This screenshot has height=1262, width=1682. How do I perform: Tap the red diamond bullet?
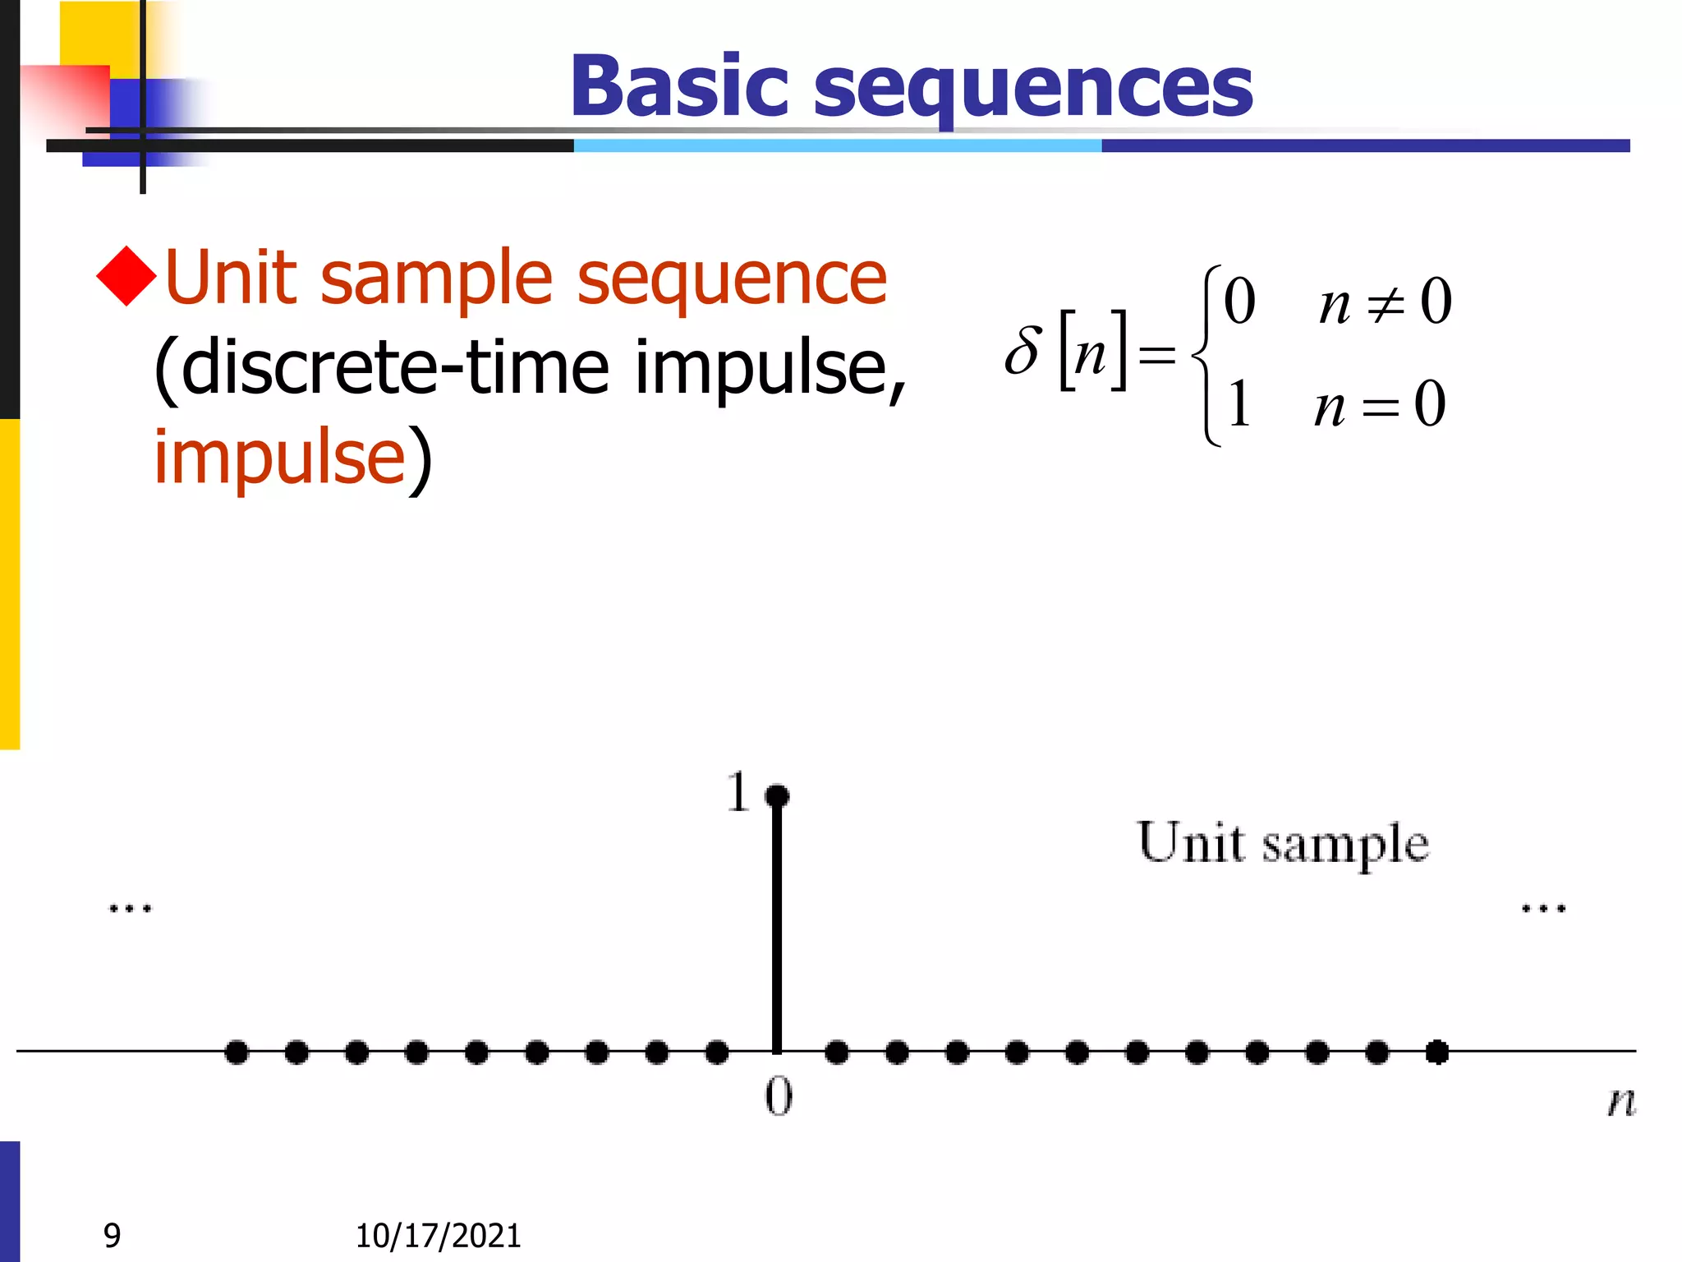126,276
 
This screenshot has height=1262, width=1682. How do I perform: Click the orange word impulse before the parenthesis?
279,457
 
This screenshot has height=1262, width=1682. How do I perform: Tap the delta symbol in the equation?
1023,351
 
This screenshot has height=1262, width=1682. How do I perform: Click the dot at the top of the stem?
777,795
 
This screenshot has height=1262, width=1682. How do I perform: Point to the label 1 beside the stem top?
738,792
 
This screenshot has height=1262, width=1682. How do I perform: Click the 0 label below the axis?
779,1097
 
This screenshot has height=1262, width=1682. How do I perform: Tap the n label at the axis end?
1621,1101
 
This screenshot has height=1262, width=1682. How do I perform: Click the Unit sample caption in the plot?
1283,843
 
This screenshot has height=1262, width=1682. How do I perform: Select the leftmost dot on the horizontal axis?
237,1052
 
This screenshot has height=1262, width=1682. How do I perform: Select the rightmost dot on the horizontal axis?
1437,1052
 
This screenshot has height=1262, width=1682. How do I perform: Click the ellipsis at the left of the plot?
131,909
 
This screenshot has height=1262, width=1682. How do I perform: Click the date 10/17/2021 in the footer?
438,1236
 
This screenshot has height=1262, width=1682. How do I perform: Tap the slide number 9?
113,1235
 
